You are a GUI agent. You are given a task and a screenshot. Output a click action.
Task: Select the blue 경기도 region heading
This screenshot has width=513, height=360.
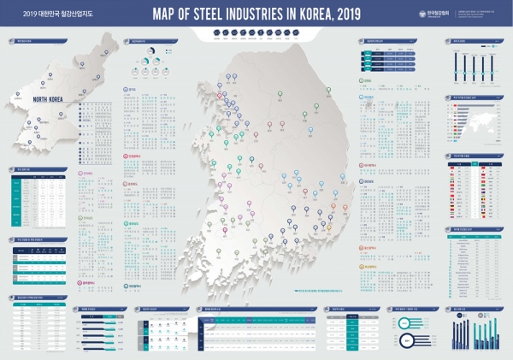click(x=130, y=88)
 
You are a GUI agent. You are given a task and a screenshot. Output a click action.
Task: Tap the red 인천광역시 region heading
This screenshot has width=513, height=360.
click(x=133, y=156)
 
